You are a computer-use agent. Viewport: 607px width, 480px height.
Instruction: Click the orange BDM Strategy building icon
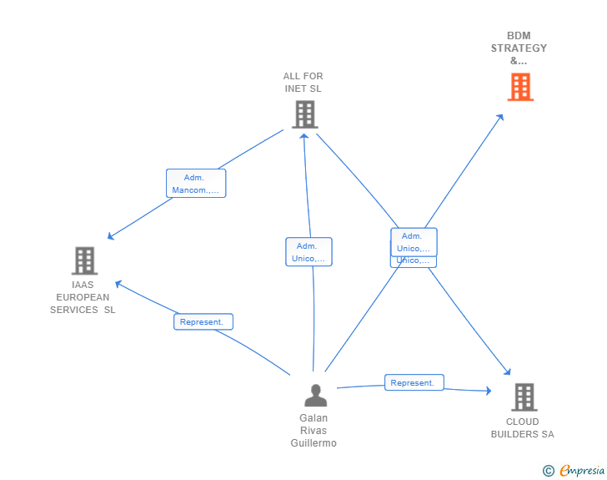pyautogui.click(x=519, y=87)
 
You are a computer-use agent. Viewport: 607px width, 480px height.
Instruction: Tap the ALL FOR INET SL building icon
pyautogui.click(x=304, y=114)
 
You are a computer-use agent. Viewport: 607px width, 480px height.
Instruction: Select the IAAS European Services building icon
pyautogui.click(x=84, y=260)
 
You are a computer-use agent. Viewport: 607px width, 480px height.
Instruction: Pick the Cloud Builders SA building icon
pyautogui.click(x=524, y=397)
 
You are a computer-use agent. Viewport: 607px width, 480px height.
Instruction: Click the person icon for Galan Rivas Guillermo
pyautogui.click(x=315, y=395)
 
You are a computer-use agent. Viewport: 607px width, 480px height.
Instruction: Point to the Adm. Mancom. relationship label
pyautogui.click(x=196, y=184)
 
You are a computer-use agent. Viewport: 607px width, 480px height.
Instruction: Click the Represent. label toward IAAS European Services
pyautogui.click(x=203, y=321)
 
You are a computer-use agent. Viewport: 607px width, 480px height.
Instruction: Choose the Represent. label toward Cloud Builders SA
pyautogui.click(x=414, y=382)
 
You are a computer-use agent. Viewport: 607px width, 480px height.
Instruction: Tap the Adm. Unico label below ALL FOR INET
pyautogui.click(x=309, y=252)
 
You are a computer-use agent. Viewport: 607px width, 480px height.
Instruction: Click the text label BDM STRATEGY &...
pyautogui.click(x=519, y=48)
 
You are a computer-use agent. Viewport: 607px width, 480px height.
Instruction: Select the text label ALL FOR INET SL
pyautogui.click(x=303, y=82)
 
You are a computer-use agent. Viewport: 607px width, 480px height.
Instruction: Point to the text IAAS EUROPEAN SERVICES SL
pyautogui.click(x=83, y=297)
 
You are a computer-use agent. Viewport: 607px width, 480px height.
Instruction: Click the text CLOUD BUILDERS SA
pyautogui.click(x=522, y=427)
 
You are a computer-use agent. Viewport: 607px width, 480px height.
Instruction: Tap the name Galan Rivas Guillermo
pyautogui.click(x=314, y=431)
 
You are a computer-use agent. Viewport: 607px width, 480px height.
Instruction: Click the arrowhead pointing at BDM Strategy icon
pyautogui.click(x=500, y=117)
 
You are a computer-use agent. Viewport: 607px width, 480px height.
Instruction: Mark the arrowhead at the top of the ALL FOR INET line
pyautogui.click(x=304, y=135)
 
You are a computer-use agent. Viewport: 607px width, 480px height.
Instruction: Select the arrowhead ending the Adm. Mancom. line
pyautogui.click(x=110, y=237)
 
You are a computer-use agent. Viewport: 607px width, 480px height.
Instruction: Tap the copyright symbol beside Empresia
pyautogui.click(x=549, y=471)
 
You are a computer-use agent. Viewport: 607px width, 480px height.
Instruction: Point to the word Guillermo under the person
pyautogui.click(x=314, y=443)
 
